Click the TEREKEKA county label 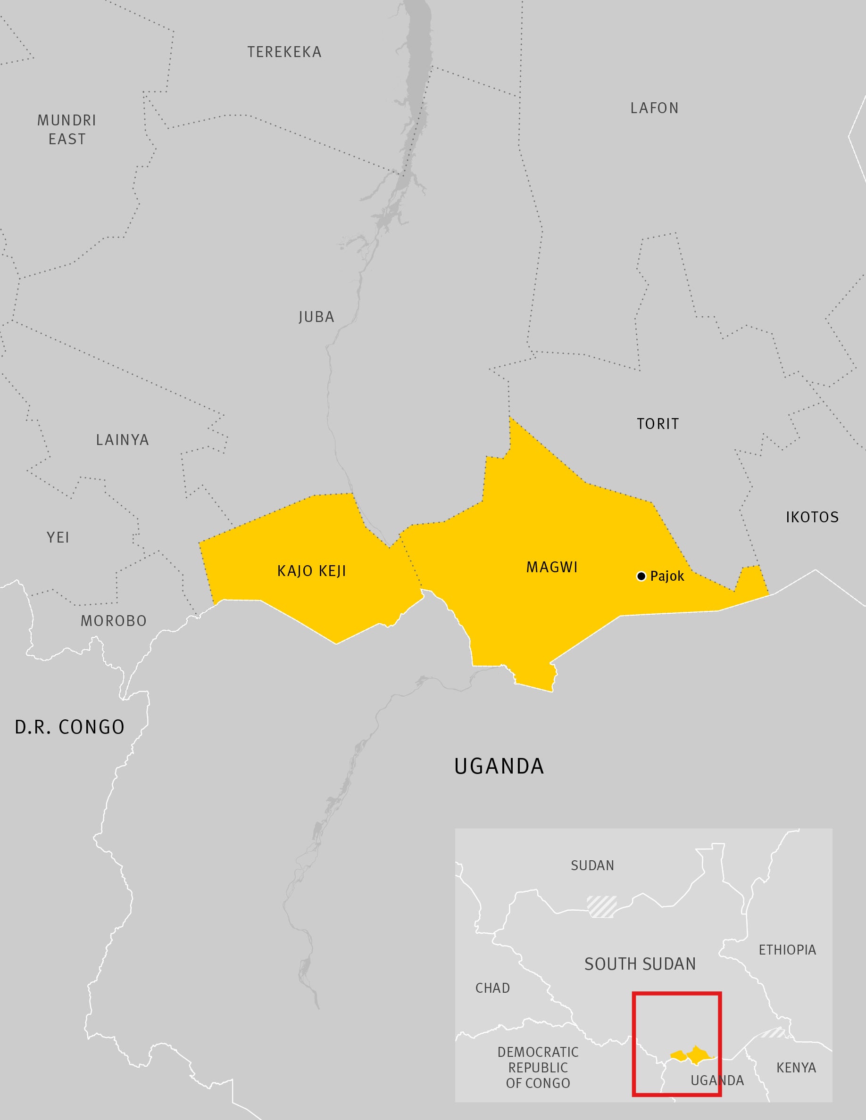tap(284, 52)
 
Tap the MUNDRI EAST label tap(67, 130)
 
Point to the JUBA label tap(316, 317)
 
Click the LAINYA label tap(123, 440)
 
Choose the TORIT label tap(658, 424)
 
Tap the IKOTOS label tap(812, 517)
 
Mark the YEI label tap(58, 537)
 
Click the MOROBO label tap(113, 621)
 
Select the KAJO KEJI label tap(311, 571)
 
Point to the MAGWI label tap(552, 567)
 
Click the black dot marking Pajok tap(641, 576)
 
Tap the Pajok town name tap(667, 576)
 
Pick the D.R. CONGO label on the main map tap(70, 727)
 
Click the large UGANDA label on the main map tap(499, 766)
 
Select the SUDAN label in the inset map tap(592, 865)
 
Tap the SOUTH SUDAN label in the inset tap(640, 964)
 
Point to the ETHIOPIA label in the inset tap(787, 950)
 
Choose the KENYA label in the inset tap(796, 1068)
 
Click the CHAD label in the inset tap(492, 988)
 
